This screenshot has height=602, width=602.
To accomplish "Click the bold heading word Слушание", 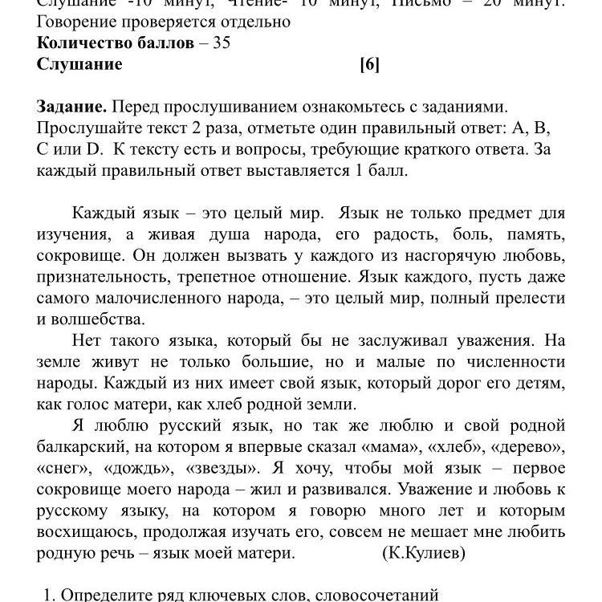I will click(x=79, y=64).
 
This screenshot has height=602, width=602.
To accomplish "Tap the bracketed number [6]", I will click(x=369, y=64).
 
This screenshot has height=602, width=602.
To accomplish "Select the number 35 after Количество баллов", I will click(x=220, y=43).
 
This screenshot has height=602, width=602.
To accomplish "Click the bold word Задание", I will click(x=71, y=107).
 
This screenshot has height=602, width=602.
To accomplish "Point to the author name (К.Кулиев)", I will click(x=424, y=553).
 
